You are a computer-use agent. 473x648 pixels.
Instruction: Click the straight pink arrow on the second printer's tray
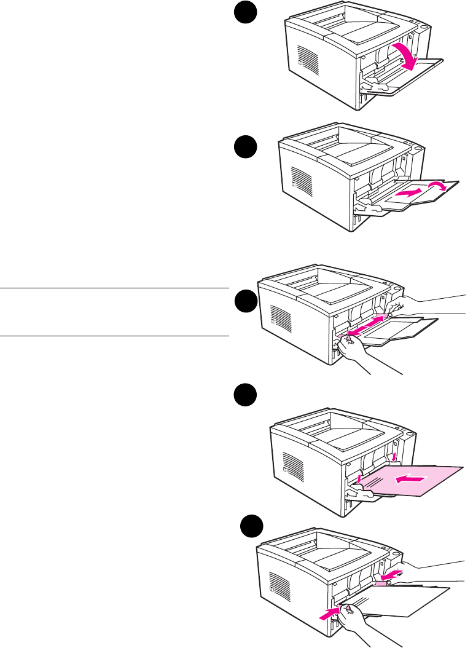pos(408,193)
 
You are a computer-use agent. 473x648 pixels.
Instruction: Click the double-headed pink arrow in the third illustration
pos(366,324)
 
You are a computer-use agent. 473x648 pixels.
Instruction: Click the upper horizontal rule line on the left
pos(114,287)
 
